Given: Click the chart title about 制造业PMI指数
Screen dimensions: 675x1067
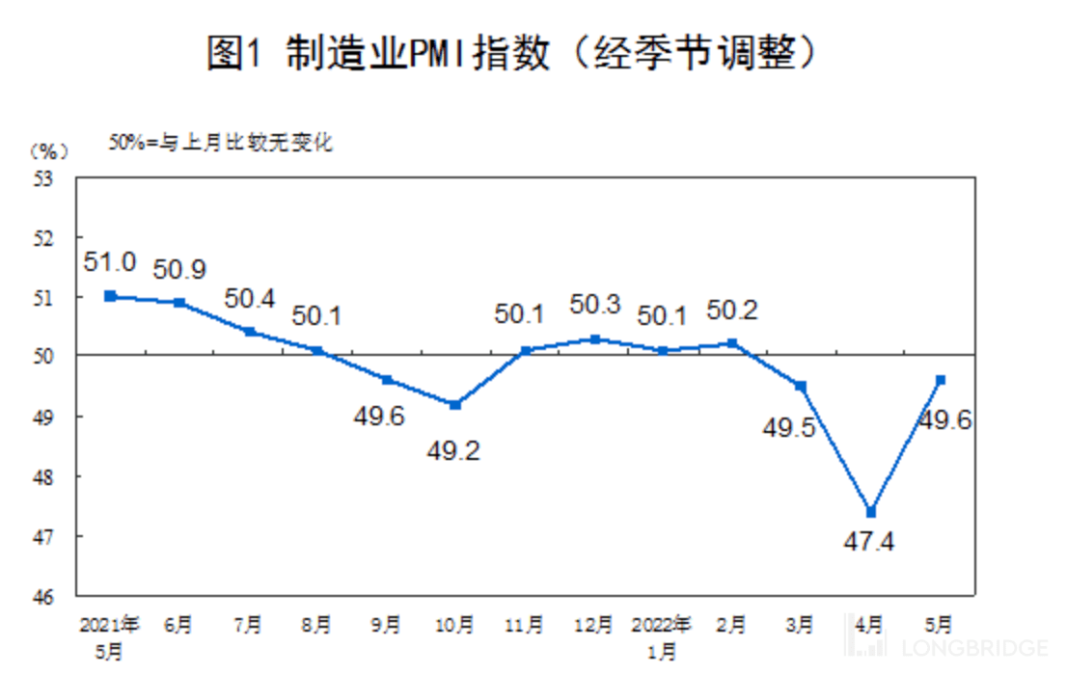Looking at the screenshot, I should click(512, 52).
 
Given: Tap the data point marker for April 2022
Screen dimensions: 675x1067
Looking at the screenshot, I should click(871, 512).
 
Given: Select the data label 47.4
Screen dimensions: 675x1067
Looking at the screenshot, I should click(869, 541).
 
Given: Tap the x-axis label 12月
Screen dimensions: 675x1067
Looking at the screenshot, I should click(594, 625).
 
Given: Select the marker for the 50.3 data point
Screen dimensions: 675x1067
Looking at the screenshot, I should click(595, 338).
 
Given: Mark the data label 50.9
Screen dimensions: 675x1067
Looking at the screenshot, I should click(178, 270).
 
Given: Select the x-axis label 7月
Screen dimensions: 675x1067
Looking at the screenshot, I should click(248, 625).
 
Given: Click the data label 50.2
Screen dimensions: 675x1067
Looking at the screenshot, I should click(732, 310).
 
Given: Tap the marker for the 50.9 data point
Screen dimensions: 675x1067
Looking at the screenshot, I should click(179, 302).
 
